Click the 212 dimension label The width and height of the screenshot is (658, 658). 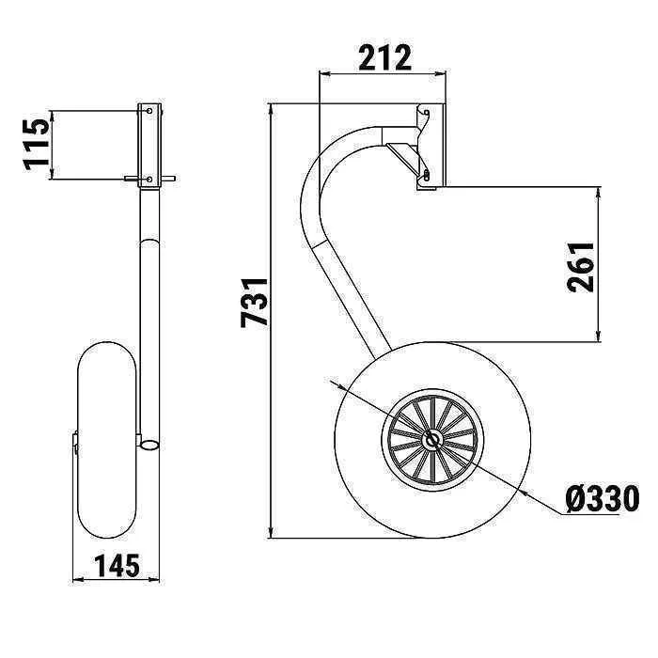[385, 57]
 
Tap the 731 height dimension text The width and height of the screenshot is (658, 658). [255, 302]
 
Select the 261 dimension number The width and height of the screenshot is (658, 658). [581, 267]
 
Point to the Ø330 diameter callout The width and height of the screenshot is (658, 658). [603, 498]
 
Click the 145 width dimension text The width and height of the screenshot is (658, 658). [117, 566]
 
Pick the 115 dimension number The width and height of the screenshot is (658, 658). [36, 145]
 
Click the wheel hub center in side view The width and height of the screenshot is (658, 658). [432, 440]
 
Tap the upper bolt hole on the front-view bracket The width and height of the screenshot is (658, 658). [149, 111]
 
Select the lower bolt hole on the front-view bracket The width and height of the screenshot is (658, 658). [149, 180]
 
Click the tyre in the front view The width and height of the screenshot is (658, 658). [107, 440]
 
